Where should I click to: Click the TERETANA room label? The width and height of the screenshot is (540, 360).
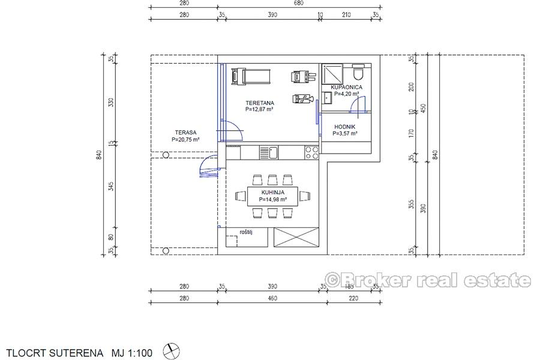tap(259, 103)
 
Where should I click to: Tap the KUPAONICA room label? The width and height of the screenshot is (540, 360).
tap(346, 87)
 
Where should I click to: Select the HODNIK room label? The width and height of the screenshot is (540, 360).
tap(345, 127)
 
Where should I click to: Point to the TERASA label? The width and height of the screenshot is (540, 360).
tap(185, 133)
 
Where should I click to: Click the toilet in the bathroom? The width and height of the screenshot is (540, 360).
tap(358, 73)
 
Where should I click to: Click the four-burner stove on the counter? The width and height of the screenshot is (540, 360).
tap(311, 153)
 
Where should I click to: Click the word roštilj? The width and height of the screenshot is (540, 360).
tap(245, 232)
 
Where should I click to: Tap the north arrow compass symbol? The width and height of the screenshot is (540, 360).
tap(172, 350)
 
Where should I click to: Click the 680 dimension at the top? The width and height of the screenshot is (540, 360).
tap(299, 3)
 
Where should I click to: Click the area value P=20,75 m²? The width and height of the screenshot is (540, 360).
tap(185, 139)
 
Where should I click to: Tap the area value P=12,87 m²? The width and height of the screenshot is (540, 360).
tap(259, 110)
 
